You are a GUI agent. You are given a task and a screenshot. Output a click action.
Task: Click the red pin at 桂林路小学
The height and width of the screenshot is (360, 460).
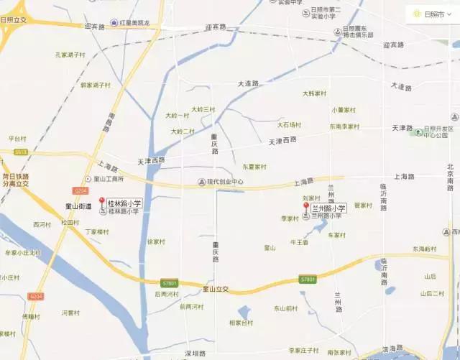[x=101, y=202]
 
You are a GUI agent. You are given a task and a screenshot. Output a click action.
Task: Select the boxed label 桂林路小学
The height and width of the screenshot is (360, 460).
[x=124, y=204]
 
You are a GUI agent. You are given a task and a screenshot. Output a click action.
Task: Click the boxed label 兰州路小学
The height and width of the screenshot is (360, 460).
[x=328, y=208]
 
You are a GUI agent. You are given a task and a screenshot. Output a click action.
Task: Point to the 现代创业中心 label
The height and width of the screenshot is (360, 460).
[x=225, y=182]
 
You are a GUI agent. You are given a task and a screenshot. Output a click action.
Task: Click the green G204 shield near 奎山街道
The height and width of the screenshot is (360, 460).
[x=80, y=190]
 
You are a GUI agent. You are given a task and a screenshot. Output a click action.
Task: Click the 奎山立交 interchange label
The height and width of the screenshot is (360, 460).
[x=215, y=289]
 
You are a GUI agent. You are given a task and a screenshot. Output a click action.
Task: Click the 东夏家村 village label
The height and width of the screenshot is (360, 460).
[x=254, y=167]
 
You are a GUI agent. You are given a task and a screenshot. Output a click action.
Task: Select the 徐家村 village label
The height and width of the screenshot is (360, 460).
[x=157, y=242]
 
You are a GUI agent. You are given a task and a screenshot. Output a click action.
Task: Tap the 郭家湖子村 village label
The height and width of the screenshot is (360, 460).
[x=95, y=85]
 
